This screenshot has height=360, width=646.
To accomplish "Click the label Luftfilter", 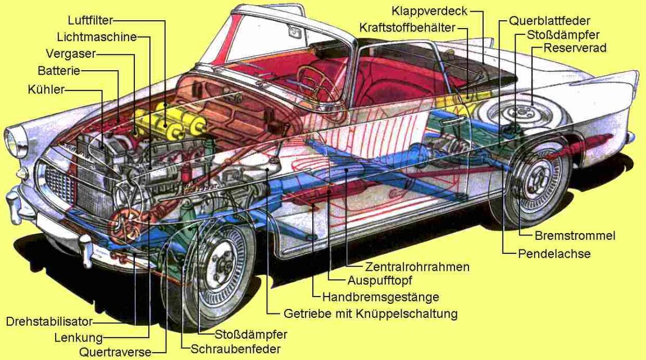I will tap(90, 21).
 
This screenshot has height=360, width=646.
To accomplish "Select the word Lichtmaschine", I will tap(97, 37).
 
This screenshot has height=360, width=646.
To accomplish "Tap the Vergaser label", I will tap(71, 54).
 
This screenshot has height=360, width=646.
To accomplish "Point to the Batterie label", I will tap(59, 71).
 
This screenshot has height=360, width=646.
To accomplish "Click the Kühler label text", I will tap(46, 89).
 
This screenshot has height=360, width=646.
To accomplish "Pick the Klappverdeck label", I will tap(430, 11).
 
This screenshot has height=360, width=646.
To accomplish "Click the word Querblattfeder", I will tap(549, 21).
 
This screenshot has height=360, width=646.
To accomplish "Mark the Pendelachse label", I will tap(554, 253).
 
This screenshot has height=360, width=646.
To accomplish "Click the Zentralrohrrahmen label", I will tap(417, 267).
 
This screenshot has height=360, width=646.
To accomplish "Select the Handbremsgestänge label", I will tap(381, 297).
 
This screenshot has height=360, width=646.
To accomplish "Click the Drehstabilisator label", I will tap(49, 322).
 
